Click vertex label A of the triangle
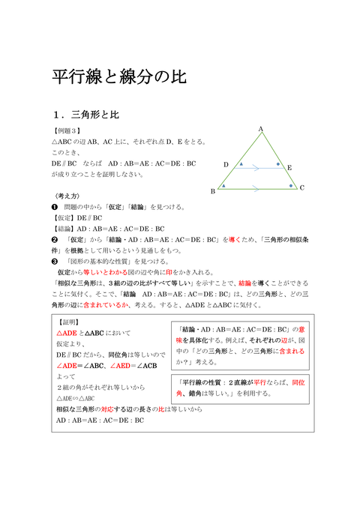(261, 129)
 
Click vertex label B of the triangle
(213, 191)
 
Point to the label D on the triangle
(226, 164)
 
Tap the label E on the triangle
(289, 169)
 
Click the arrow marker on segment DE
(257, 168)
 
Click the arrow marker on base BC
(257, 187)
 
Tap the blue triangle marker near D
(241, 163)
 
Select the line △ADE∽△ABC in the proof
(75, 398)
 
